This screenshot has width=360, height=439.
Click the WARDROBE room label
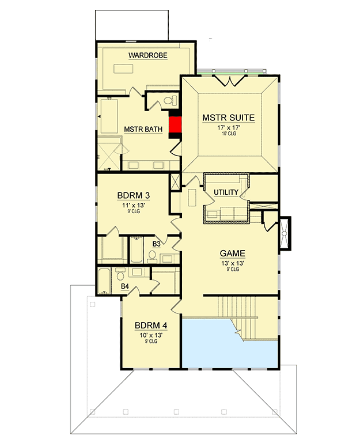tap(148, 55)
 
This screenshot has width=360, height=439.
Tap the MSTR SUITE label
tap(228, 118)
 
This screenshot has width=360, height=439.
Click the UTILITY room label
tap(226, 192)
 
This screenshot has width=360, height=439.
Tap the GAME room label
tap(233, 253)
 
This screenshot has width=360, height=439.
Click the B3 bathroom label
tap(156, 244)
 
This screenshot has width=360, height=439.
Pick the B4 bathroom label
tap(124, 285)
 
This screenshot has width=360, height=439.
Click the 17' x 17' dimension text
tap(228, 127)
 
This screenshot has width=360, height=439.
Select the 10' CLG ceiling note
tap(228, 134)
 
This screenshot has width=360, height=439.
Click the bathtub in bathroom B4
tap(104, 281)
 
